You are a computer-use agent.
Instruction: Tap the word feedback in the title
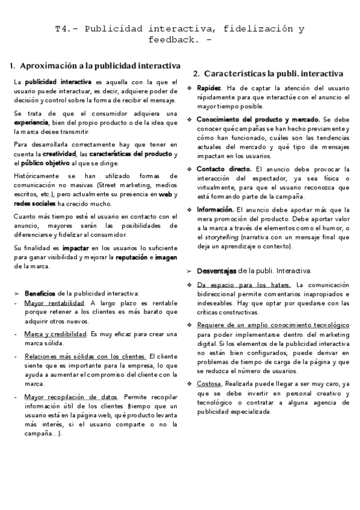[171, 40]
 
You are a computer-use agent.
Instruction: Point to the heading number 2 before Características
[197, 73]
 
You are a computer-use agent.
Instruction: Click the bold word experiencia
[31, 122]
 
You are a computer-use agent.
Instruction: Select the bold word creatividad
[59, 154]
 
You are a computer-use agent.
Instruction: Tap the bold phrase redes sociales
[35, 203]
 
